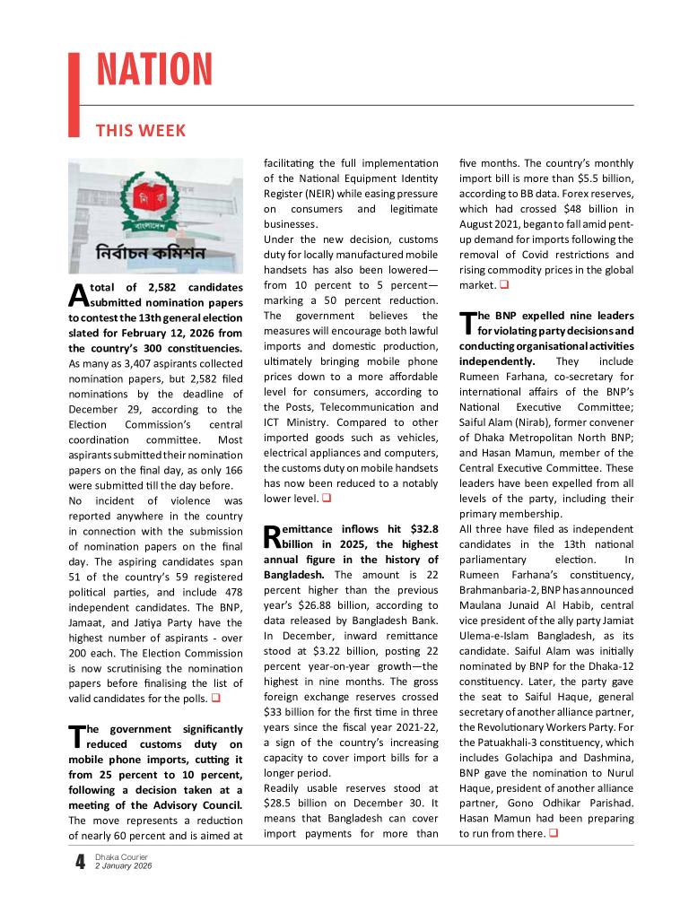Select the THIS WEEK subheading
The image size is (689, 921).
141,131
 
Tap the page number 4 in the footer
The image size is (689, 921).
80,863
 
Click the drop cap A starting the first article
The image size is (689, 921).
77,295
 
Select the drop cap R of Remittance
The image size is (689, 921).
272,538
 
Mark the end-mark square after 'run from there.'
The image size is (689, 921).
552,834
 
